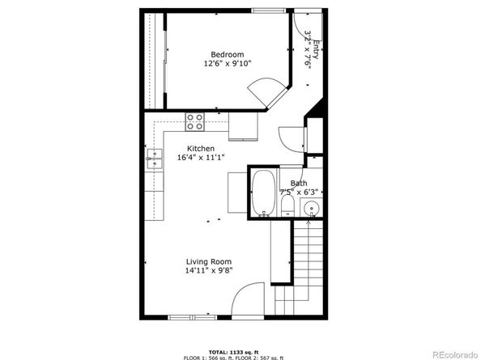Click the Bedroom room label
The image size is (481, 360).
228,54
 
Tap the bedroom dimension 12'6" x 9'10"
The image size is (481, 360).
228,64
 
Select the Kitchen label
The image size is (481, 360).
201,149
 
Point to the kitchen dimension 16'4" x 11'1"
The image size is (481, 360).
201,158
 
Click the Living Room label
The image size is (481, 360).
209,261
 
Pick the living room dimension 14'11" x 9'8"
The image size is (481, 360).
209,270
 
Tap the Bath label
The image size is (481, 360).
299,183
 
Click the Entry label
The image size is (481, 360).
317,50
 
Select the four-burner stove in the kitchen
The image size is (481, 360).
195,121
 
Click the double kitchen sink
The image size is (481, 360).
155,159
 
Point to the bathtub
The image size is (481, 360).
263,193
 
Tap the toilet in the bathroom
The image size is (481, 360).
287,205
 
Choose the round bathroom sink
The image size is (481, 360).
312,209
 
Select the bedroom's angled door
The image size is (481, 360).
267,92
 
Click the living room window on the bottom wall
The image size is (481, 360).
193,317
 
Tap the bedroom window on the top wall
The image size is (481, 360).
268,11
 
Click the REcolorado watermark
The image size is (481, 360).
455,354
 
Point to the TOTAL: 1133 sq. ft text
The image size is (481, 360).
234,352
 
